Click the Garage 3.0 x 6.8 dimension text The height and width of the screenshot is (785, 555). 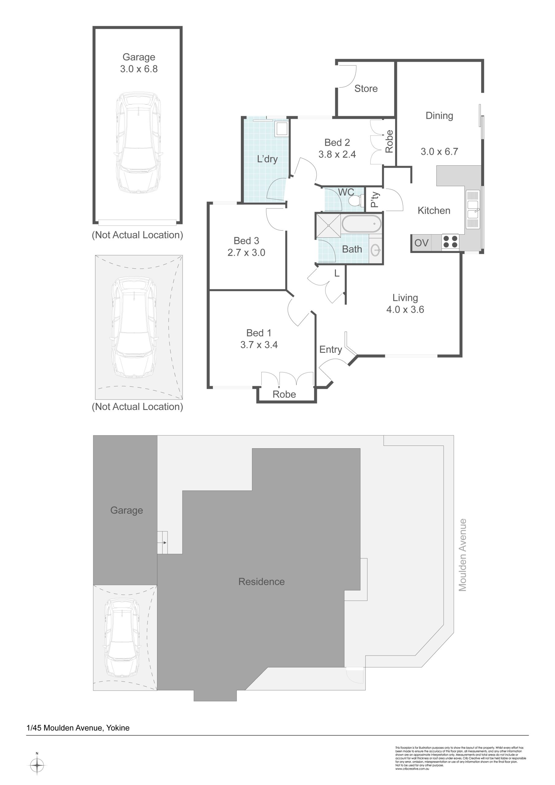139,69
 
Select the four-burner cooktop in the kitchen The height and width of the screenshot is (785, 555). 450,242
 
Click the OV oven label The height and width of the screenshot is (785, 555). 421,243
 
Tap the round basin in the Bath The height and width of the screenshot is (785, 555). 376,250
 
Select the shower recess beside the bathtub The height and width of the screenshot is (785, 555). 328,225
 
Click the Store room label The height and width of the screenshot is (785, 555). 366,89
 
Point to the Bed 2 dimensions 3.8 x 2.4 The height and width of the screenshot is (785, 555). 337,154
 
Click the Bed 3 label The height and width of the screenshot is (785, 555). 246,241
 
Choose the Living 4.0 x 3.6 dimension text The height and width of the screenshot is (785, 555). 405,309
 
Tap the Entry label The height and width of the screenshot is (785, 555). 330,350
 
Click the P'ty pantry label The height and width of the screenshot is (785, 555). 374,199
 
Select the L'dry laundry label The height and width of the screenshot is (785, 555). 267,159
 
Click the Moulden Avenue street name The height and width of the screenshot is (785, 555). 462,555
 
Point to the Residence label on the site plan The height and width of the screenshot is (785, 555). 261,582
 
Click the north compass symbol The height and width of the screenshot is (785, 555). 37,765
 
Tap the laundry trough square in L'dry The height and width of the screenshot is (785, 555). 282,129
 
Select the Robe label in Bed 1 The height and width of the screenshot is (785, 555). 284,394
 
